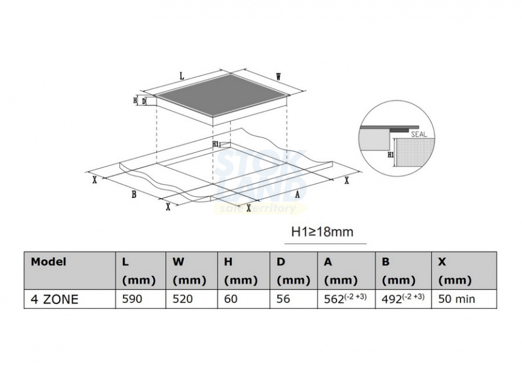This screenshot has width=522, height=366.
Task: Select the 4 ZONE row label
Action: (54, 299)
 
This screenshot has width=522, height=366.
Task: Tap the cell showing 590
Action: (132, 299)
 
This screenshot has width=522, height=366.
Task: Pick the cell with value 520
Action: (183, 299)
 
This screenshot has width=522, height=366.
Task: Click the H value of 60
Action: (231, 299)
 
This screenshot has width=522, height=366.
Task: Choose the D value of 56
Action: (283, 299)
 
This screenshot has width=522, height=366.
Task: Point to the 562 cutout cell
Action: (345, 298)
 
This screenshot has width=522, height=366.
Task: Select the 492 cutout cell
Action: (403, 298)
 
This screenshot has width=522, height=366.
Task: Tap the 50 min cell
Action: (456, 299)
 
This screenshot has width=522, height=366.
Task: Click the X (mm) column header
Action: (454, 271)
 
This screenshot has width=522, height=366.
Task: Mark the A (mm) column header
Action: (341, 271)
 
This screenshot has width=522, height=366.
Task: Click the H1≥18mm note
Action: (322, 232)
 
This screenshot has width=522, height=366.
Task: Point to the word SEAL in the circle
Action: (419, 135)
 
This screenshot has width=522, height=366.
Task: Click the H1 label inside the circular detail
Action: (391, 155)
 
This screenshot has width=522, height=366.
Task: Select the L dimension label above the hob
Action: (182, 76)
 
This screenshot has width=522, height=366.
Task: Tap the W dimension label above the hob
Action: (278, 77)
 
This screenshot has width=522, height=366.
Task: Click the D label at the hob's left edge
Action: (144, 101)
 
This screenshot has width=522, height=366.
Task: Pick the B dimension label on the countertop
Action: (134, 194)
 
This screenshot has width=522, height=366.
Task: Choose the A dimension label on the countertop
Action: (297, 194)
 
